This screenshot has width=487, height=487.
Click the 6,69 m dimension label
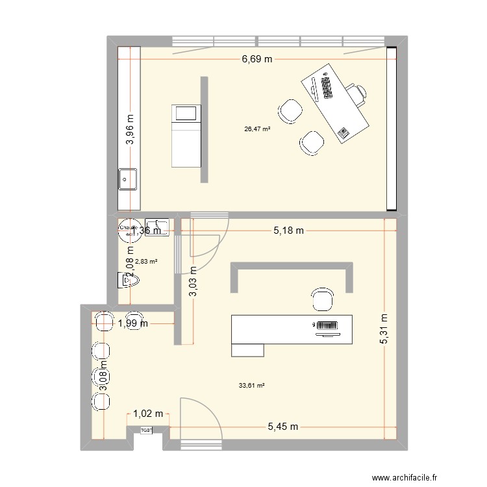click(258, 59)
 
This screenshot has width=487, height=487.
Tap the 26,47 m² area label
click(257, 129)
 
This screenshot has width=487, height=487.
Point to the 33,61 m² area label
click(253, 385)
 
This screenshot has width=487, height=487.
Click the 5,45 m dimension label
click(283, 427)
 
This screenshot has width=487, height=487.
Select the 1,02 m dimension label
click(148, 413)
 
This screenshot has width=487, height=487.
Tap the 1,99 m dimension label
click(133, 323)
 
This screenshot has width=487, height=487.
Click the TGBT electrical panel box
click(147, 430)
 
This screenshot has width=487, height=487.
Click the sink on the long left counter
click(127, 177)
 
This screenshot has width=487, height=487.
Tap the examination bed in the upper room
click(186, 136)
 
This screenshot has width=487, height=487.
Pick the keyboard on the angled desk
click(326, 88)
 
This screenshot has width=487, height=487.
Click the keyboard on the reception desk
click(326, 325)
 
